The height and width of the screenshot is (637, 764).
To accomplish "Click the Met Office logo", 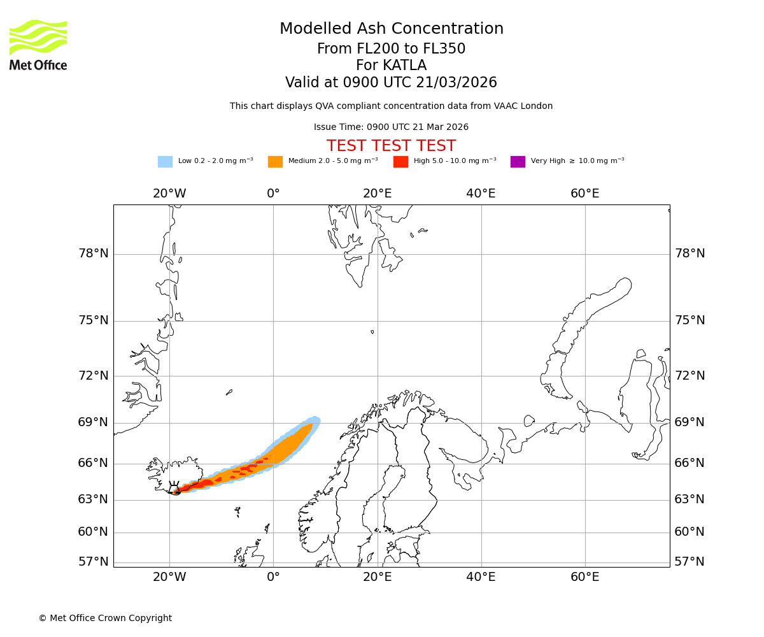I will click(x=38, y=45).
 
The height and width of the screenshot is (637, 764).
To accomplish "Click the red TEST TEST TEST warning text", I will click(x=391, y=146).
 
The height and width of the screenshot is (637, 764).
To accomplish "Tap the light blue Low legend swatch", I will click(x=165, y=162).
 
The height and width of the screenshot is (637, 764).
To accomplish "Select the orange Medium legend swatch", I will click(x=275, y=162).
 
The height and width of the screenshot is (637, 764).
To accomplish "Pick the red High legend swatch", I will click(x=400, y=162).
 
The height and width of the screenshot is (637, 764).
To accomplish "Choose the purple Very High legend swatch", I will click(x=518, y=162).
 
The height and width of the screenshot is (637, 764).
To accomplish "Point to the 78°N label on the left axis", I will click(x=93, y=254).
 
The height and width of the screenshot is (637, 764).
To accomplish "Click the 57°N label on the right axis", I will click(x=690, y=562).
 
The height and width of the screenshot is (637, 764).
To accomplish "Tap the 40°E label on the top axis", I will click(x=481, y=194).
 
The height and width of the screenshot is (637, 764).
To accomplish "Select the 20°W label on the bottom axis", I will click(x=169, y=577).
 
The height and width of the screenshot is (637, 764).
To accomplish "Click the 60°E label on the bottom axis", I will click(x=584, y=577).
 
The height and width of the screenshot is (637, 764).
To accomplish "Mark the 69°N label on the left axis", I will click(x=93, y=422).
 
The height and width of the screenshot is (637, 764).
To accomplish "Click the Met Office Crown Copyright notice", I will click(x=105, y=618).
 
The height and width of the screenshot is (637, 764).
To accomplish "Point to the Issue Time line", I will click(x=391, y=127).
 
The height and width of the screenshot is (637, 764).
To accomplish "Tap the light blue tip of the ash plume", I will click(x=314, y=420).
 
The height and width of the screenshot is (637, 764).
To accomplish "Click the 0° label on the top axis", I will click(x=273, y=194).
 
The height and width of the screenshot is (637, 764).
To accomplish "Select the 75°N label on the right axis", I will click(x=690, y=320).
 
